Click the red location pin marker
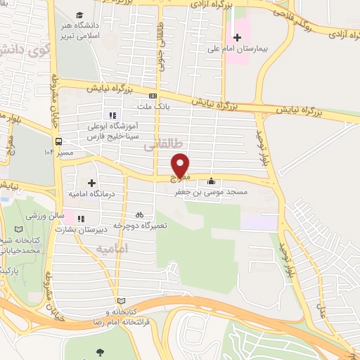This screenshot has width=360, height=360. point(181,165)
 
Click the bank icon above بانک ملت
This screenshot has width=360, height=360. point(153,95)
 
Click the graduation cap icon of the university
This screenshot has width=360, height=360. point(79,14)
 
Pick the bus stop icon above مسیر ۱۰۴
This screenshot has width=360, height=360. point(60,140)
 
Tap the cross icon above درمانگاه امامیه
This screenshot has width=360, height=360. point(91,183)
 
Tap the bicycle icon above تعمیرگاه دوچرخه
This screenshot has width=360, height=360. point(139,214)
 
